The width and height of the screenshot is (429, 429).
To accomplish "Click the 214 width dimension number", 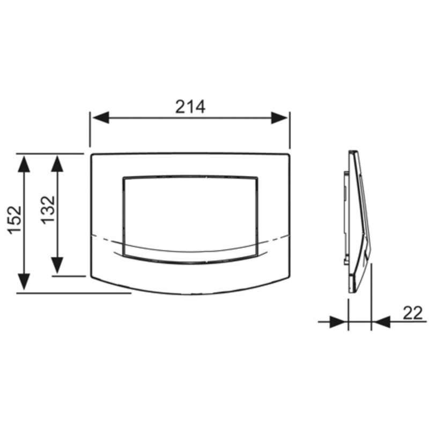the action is tap(190, 107).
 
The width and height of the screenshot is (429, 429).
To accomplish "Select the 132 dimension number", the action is tap(48, 210).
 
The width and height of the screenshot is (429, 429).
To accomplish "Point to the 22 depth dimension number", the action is tap(412, 313).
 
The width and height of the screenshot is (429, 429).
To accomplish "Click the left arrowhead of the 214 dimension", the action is tap(101, 117).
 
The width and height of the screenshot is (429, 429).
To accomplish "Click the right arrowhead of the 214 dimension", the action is tap(279, 117).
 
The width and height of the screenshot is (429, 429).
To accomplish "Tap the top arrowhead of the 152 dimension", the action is tap(24, 164).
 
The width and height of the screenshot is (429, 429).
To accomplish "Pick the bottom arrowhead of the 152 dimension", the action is tap(24, 282).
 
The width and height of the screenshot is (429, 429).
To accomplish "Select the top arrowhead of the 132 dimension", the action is tap(57, 164).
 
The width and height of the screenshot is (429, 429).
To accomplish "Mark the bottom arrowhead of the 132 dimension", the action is tap(57, 265).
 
